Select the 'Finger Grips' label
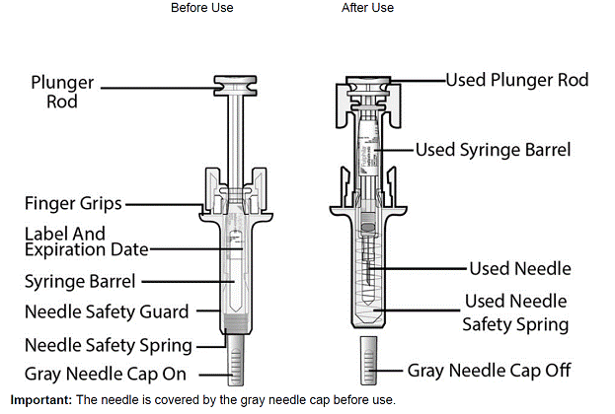[73, 204]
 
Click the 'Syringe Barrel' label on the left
[80, 281]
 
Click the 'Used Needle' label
[519, 268]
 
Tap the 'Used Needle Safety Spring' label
[515, 312]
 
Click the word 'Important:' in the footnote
[38, 400]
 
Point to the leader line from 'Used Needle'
[416, 268]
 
